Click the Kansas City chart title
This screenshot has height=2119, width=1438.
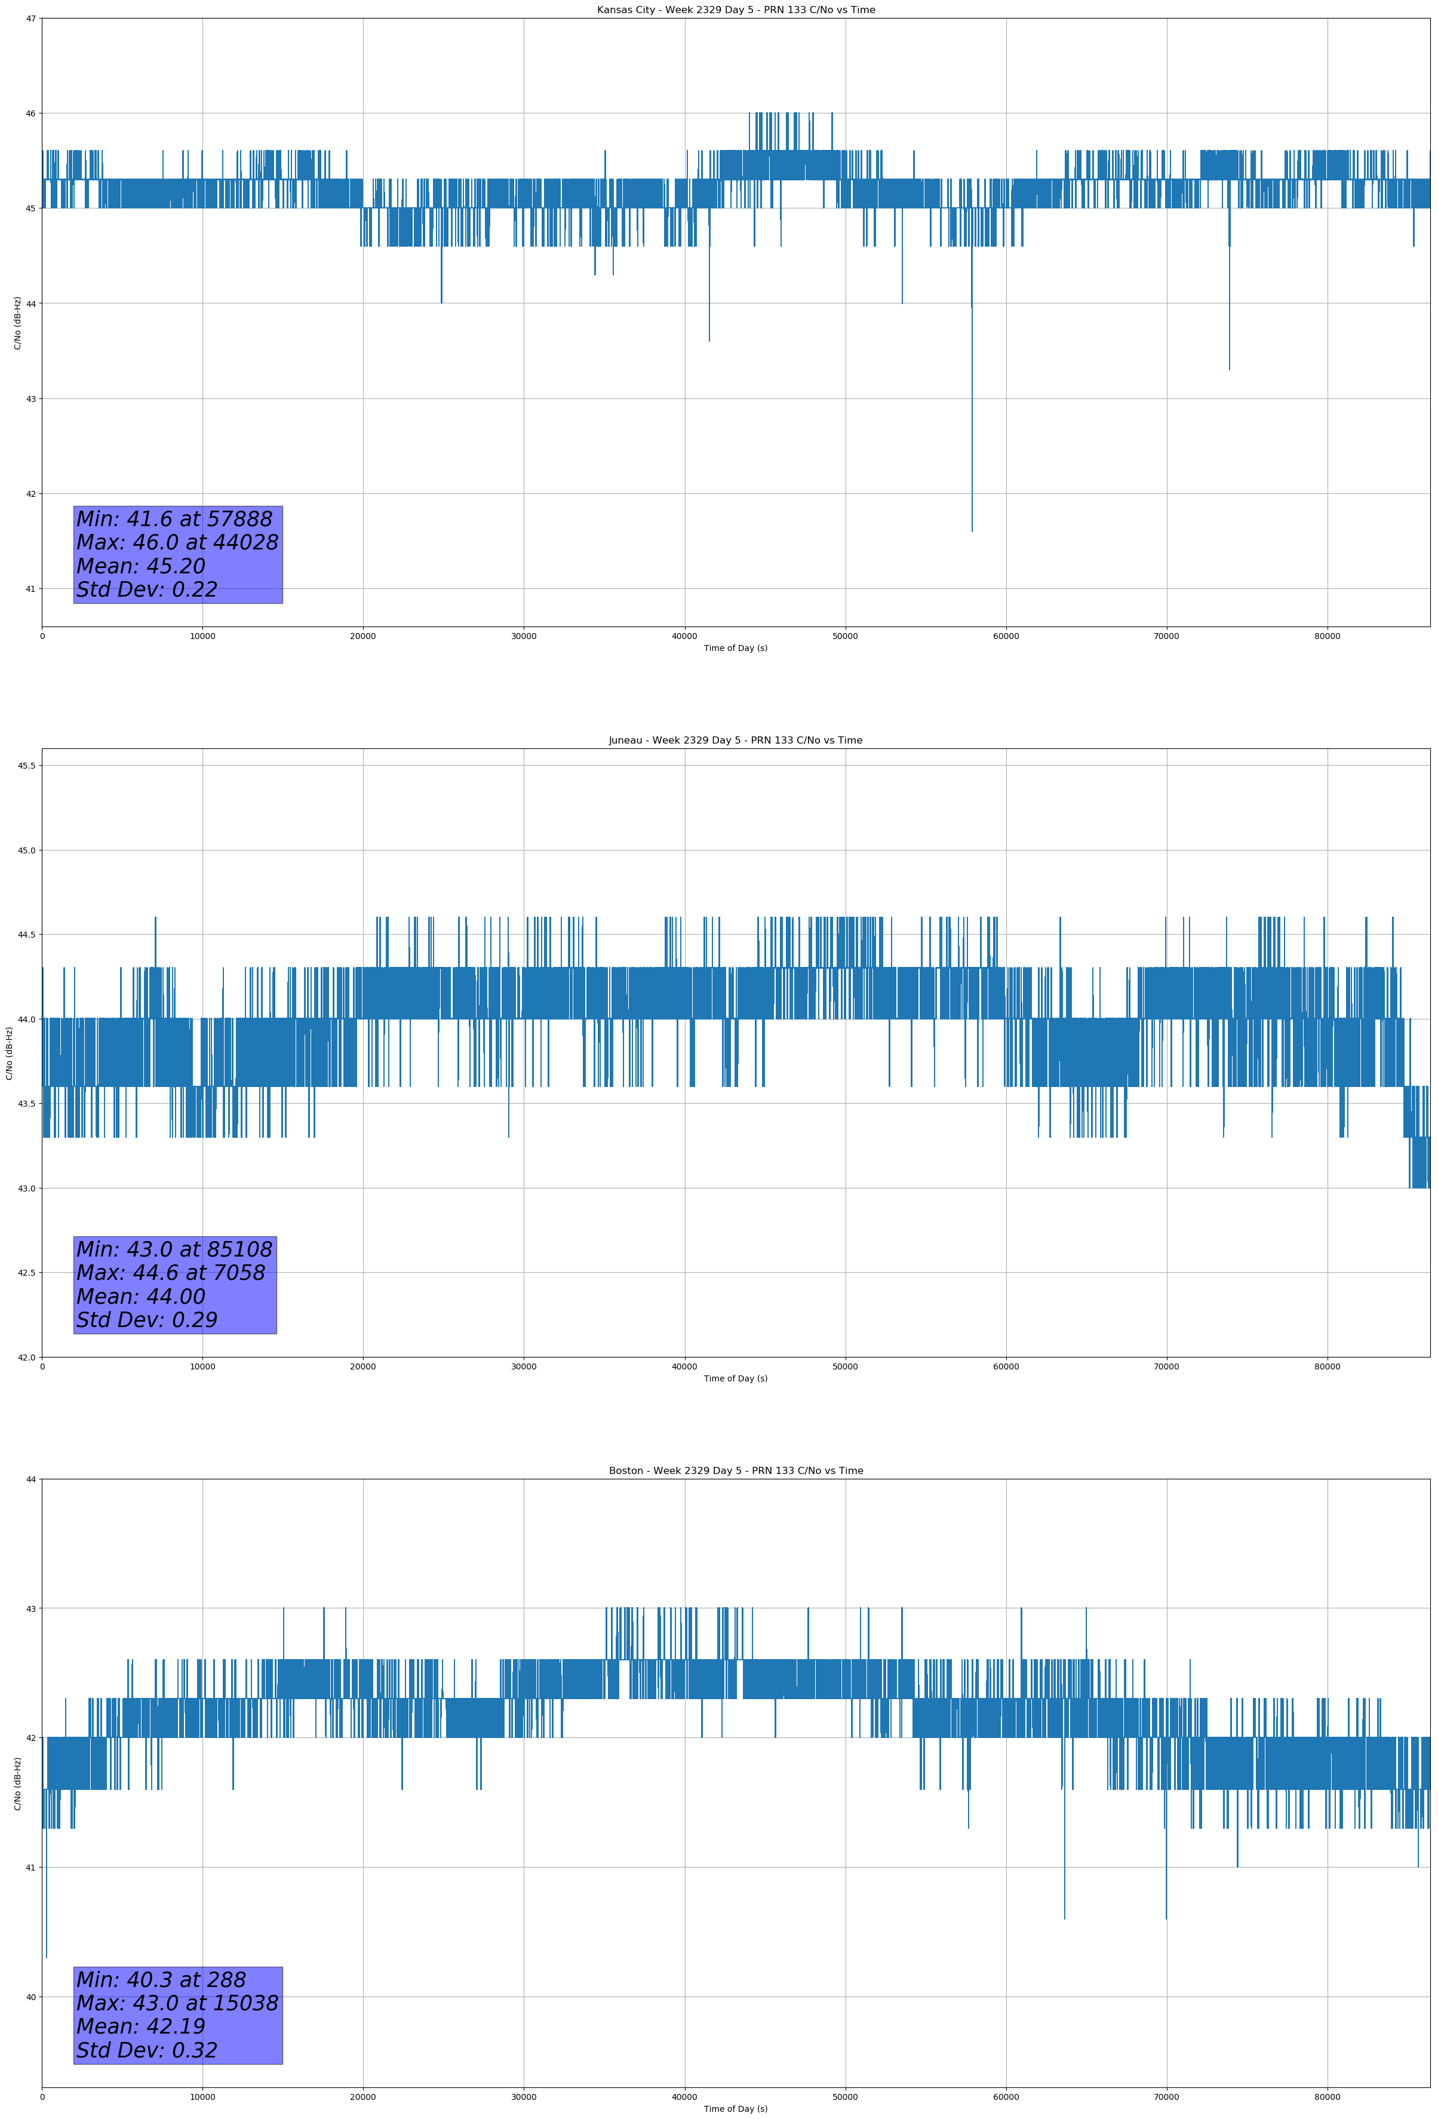735,10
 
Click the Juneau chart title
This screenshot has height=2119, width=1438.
735,741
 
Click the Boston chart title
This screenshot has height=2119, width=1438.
735,1471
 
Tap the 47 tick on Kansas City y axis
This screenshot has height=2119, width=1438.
31,19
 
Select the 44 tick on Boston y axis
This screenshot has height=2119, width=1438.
31,1479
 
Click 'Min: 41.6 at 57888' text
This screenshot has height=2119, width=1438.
174,519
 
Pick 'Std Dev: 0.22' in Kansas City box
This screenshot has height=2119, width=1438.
147,590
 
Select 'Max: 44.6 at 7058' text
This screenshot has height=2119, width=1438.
171,1273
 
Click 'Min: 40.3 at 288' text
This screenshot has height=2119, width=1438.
161,1979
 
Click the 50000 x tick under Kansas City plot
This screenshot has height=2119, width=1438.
844,637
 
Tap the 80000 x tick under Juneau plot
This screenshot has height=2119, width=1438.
1327,1366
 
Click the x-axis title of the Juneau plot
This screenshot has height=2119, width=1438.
735,1378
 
